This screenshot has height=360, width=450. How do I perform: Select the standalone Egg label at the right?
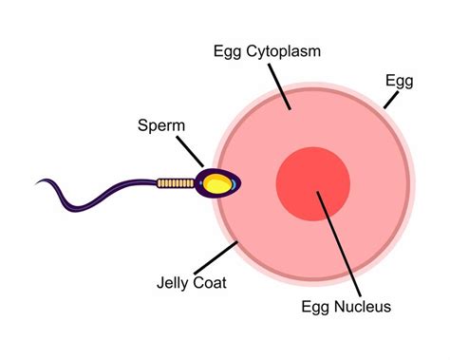click(x=399, y=81)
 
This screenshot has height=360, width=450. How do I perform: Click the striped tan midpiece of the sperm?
click(x=174, y=180)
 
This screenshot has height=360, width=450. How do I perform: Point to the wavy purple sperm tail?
click(x=95, y=195)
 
